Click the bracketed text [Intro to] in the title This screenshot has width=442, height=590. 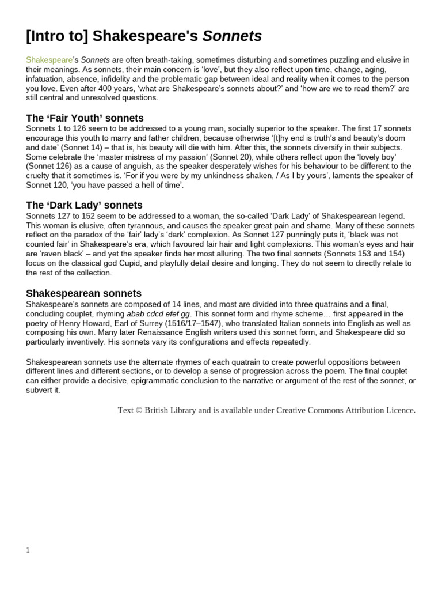56,36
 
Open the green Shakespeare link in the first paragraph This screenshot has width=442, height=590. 49,60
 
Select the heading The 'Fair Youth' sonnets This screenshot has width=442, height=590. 85,118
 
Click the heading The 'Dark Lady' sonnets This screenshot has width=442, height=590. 84,205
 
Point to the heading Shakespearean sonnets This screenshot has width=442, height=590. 83,293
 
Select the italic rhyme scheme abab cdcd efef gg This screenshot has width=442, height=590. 161,313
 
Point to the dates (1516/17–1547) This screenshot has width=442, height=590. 184,323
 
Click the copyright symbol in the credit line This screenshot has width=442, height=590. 139,410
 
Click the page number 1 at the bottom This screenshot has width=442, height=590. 28,550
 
